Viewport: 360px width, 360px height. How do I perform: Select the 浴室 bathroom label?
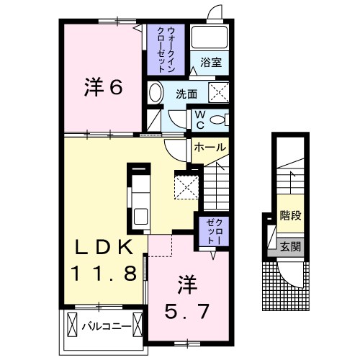pyautogui.click(x=210, y=63)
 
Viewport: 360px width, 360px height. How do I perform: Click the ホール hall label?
pyautogui.click(x=210, y=147)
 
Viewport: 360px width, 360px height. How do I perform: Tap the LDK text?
pyautogui.click(x=105, y=247)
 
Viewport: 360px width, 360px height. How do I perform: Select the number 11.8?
pyautogui.click(x=104, y=274)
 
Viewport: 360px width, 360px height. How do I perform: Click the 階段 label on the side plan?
pyautogui.click(x=289, y=215)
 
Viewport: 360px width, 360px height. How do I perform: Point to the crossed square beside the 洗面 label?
pyautogui.click(x=218, y=92)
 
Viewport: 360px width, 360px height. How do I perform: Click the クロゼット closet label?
pyautogui.click(x=210, y=231)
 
